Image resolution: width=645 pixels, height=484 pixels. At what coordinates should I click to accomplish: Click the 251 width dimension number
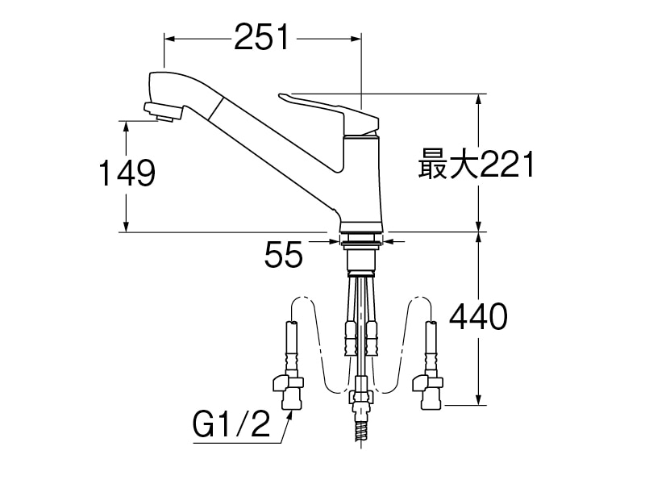261,37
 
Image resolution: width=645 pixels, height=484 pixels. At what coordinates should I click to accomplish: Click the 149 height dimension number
126,173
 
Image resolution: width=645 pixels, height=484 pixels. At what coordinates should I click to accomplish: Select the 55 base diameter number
283,256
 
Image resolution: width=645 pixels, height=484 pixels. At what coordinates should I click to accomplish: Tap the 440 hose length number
478,318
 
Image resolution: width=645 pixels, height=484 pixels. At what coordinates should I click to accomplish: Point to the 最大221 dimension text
476,166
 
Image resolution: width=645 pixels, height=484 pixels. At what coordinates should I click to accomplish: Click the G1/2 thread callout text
231,423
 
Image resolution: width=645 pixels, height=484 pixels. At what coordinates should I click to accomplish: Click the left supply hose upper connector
290,339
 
